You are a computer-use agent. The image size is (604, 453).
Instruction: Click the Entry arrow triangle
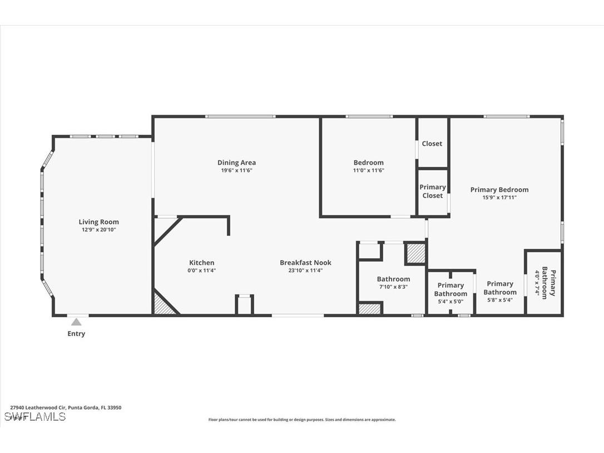76,322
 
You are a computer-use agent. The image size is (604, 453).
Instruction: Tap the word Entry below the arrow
76,334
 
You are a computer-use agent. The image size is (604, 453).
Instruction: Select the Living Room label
98,222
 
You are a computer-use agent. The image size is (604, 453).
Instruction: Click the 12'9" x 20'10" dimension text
98,230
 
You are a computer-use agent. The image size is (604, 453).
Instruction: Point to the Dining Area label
236,163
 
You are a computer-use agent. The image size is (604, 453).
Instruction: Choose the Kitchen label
201,263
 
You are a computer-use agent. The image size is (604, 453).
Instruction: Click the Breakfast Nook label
305,263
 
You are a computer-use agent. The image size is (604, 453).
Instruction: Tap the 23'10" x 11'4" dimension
305,270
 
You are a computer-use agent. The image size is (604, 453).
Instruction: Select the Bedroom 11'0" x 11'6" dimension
368,170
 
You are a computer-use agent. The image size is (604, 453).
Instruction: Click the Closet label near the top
432,144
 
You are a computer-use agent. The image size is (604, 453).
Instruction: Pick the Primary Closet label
432,191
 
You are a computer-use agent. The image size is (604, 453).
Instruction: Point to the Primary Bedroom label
499,190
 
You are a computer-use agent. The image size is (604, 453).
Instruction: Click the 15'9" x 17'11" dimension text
499,197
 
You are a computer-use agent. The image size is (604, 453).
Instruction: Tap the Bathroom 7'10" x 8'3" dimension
393,287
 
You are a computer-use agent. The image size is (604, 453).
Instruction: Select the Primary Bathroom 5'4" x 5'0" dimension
450,302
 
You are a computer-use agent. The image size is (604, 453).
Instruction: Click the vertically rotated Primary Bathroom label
545,284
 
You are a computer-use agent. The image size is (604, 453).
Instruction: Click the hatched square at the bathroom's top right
415,253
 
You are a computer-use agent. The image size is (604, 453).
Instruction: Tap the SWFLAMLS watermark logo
34,417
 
